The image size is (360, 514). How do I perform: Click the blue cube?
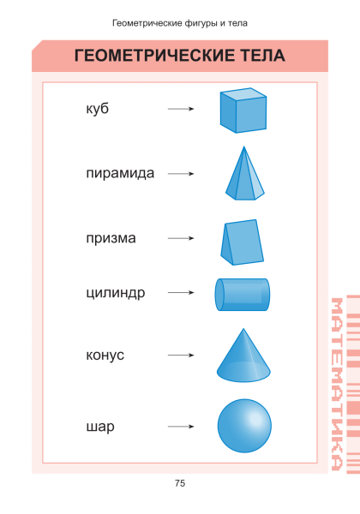pos(243,111)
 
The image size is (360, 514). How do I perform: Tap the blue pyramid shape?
pos(244,174)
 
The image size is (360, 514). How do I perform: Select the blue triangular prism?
pos(243,242)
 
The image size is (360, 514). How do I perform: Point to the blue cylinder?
pos(243,295)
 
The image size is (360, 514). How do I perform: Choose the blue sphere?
pos(244,426)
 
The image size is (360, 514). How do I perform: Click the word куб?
pos(98,109)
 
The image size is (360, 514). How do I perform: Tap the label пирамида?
pos(120,173)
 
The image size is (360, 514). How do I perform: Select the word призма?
pos(111,238)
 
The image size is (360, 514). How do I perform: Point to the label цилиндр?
pos(116,293)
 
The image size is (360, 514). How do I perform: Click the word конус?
pos(105,355)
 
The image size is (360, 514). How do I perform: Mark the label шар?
pos(100,427)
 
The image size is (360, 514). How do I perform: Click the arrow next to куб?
pos(181,109)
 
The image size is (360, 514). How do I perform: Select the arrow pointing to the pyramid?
pos(181,173)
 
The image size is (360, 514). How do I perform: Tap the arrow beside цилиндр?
pos(181,292)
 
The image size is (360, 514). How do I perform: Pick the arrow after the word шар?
pos(181,427)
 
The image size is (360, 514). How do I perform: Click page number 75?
pos(180,483)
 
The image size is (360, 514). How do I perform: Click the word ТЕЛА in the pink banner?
pos(263,56)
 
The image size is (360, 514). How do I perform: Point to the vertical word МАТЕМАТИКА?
pos(337,384)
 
